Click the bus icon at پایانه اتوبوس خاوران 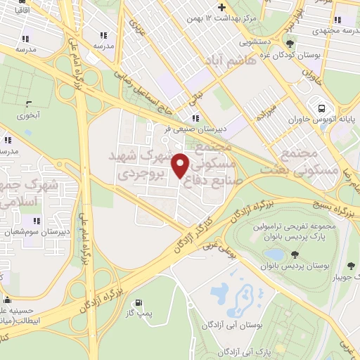pyautogui.click(x=321, y=108)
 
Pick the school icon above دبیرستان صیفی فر pyautogui.click(x=195, y=118)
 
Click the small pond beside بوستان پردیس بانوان pyautogui.click(x=276, y=255)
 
